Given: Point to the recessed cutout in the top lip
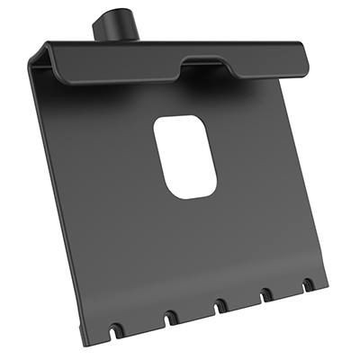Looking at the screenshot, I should pos(207,65).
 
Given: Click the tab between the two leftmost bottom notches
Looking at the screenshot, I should pos(141,326).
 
